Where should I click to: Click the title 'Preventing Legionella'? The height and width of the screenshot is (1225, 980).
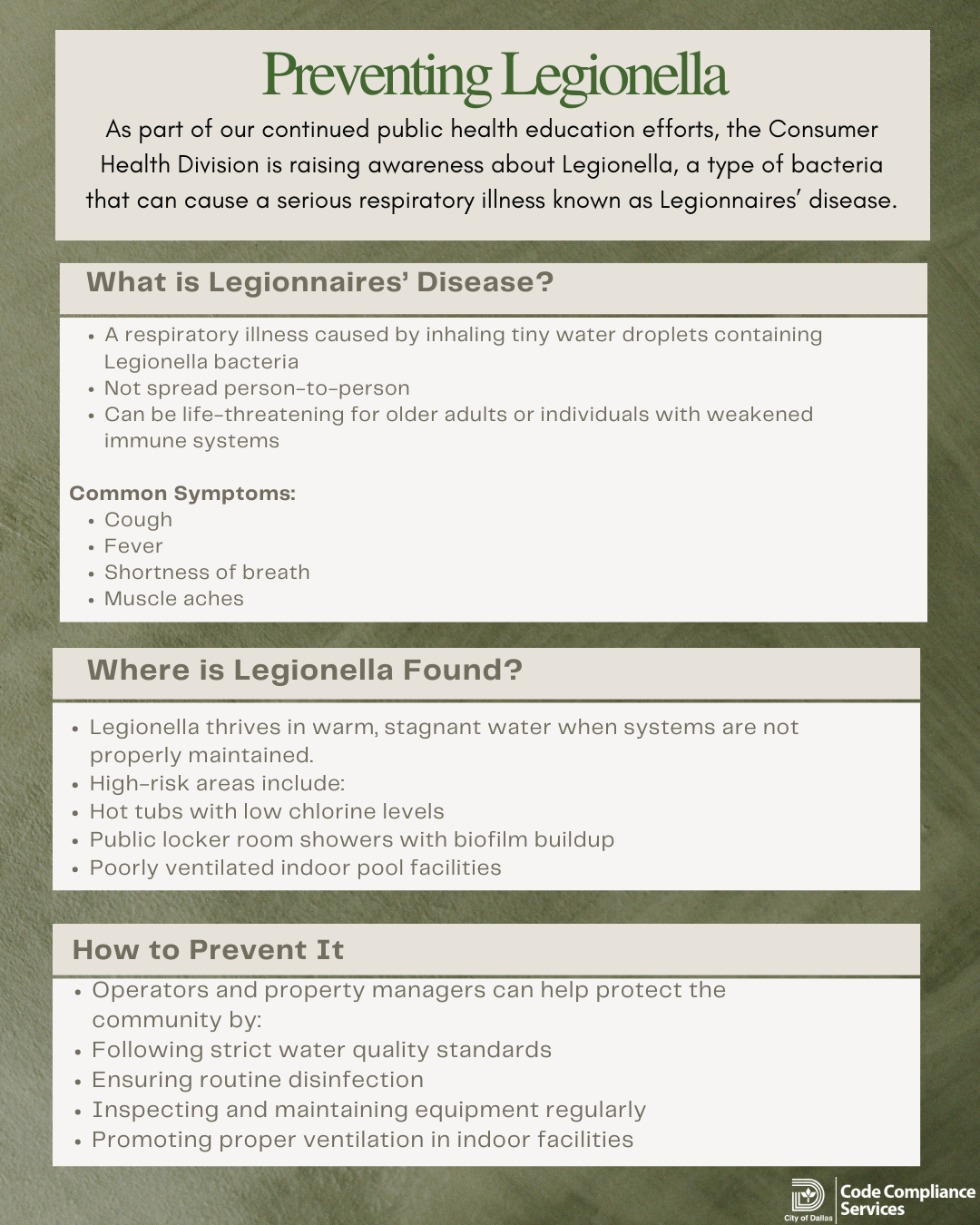(x=495, y=75)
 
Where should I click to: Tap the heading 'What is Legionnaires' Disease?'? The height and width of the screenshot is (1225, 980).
(x=319, y=282)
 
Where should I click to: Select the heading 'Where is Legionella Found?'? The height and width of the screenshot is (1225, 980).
(x=305, y=671)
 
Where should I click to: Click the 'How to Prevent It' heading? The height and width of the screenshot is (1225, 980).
(x=208, y=950)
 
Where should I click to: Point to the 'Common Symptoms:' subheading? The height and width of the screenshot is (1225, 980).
(x=182, y=494)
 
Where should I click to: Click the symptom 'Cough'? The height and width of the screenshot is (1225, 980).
(x=138, y=520)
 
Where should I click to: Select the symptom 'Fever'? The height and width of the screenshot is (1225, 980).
(x=133, y=546)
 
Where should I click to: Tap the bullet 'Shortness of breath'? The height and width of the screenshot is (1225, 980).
(x=207, y=573)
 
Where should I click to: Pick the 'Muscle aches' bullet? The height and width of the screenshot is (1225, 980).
(x=173, y=599)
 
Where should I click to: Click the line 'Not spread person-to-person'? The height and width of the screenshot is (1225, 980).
(x=257, y=388)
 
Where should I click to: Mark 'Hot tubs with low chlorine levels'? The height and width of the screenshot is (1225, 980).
(x=267, y=811)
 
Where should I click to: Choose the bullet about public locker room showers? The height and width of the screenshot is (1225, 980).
(x=351, y=839)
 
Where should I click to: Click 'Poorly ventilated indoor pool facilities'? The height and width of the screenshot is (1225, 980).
(x=295, y=867)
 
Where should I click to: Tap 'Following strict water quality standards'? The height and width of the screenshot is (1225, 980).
(x=321, y=1050)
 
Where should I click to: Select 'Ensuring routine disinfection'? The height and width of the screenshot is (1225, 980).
(x=258, y=1080)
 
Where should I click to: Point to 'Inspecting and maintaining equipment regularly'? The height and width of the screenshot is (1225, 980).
(x=368, y=1110)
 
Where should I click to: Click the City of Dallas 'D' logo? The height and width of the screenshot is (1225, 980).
(x=807, y=1195)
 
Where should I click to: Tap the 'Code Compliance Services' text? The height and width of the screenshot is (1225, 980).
(x=907, y=1200)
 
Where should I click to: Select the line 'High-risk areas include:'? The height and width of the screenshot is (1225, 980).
(x=217, y=783)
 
